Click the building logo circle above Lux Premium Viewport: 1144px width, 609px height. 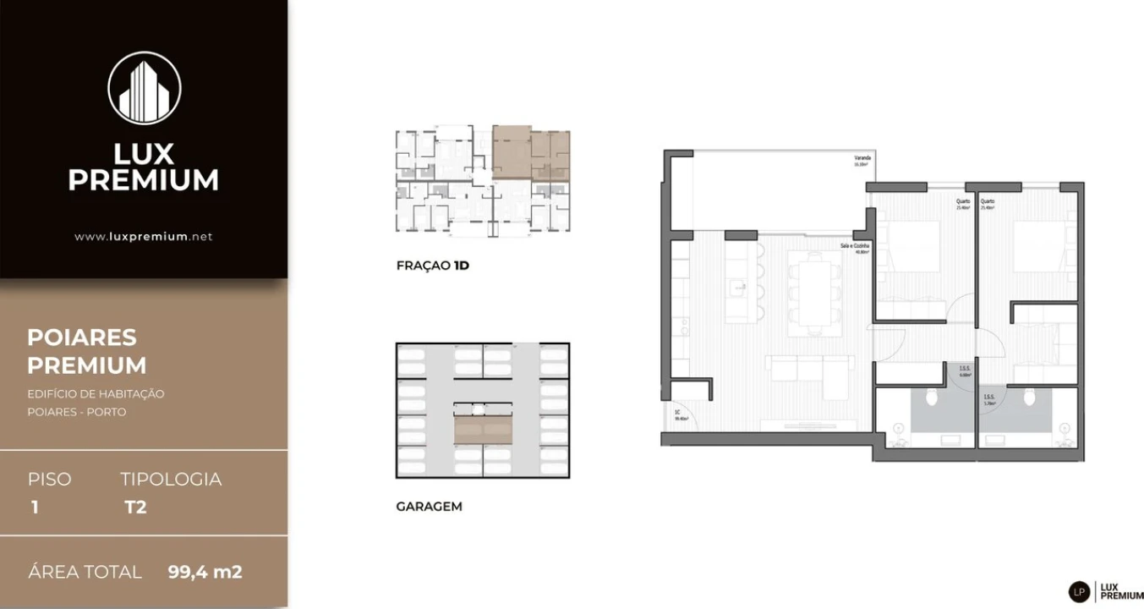144,88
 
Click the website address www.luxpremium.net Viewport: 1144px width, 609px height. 144,237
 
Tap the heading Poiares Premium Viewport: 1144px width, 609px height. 87,351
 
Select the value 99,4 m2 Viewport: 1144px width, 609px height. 205,572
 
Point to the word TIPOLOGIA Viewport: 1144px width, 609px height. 171,479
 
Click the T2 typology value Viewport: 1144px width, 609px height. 135,507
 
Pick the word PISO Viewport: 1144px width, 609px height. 50,479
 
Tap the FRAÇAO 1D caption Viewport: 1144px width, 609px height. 433,266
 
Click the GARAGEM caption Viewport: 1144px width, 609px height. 429,507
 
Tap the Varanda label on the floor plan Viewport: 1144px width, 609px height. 862,158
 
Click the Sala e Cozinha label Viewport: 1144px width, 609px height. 855,245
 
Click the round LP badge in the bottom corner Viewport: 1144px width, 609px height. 1079,592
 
